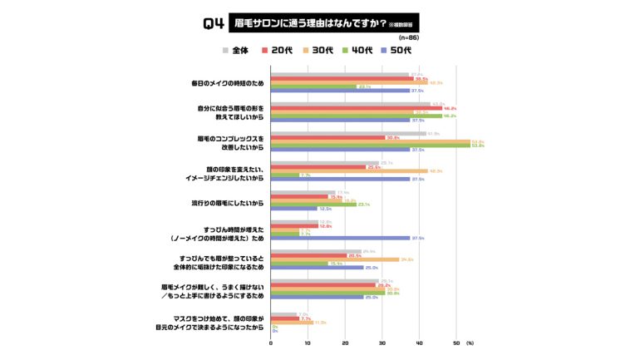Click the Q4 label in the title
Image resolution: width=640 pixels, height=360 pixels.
(x=214, y=24)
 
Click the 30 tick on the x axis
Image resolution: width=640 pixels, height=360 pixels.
(x=382, y=343)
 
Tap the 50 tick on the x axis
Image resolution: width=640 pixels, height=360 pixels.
(x=455, y=343)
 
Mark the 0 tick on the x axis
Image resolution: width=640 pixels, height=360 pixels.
(x=270, y=343)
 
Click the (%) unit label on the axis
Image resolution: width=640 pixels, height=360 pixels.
(x=470, y=343)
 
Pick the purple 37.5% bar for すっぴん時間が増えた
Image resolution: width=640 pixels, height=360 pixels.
(x=339, y=238)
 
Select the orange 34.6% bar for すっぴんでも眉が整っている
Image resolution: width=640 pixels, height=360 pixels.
(x=334, y=259)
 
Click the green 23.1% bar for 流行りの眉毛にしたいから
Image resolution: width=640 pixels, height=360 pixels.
(x=313, y=205)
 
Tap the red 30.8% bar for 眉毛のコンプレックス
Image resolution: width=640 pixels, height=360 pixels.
(x=327, y=138)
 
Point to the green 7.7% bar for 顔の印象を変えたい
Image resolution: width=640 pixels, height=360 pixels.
(x=284, y=175)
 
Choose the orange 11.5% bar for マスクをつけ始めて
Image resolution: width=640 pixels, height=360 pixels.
(x=291, y=323)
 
